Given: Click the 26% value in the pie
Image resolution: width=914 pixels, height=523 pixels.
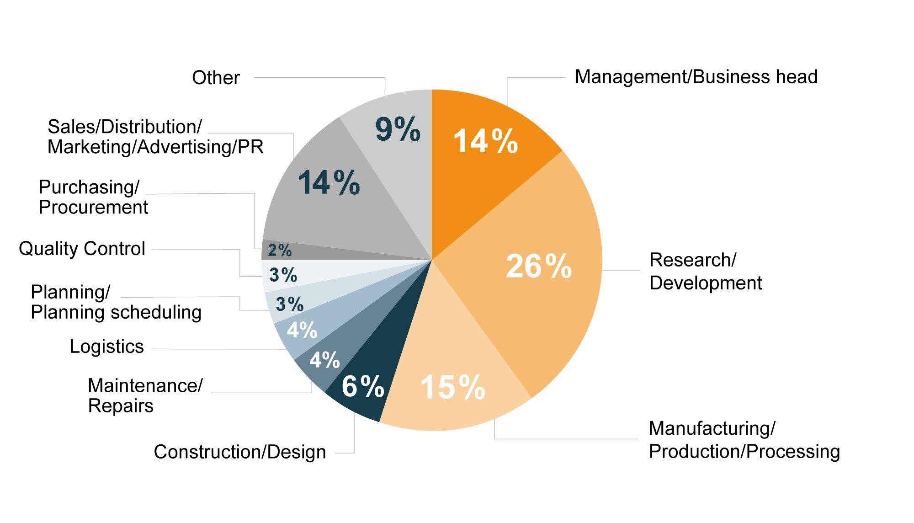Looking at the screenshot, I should click(x=538, y=266).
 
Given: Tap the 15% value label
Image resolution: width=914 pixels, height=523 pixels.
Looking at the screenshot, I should click(x=452, y=388).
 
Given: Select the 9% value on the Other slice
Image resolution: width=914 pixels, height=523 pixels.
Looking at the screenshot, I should click(x=398, y=129).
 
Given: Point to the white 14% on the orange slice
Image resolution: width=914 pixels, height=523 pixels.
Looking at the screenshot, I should click(x=485, y=141).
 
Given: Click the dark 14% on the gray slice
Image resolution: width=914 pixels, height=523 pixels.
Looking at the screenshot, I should click(x=329, y=183).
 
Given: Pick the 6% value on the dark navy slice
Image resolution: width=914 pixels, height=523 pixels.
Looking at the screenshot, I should click(x=363, y=386).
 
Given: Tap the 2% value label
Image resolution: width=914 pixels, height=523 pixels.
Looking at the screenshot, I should click(x=279, y=251).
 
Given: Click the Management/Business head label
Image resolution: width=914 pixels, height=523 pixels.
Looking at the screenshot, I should click(x=696, y=77).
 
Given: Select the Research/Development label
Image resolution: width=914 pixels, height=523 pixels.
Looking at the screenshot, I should click(x=705, y=271).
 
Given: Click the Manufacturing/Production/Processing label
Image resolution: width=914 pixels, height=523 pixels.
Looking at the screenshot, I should click(x=744, y=440).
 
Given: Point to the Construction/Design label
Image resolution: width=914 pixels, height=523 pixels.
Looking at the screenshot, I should click(x=240, y=452).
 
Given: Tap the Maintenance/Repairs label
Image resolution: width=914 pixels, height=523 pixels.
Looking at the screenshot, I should click(x=145, y=395).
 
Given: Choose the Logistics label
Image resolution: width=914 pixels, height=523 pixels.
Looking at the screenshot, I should click(x=106, y=347).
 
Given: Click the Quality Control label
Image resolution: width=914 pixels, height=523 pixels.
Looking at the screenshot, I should click(x=82, y=249).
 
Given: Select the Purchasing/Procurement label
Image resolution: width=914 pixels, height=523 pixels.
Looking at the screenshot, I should click(x=93, y=197).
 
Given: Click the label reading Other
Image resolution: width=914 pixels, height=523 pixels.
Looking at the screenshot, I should click(x=216, y=78).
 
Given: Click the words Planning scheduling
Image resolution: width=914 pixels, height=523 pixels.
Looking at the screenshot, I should click(x=116, y=312).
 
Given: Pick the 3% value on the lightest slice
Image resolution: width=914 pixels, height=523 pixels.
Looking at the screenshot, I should click(x=283, y=275).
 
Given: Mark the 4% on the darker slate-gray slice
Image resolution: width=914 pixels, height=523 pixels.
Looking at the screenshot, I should click(x=324, y=360).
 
